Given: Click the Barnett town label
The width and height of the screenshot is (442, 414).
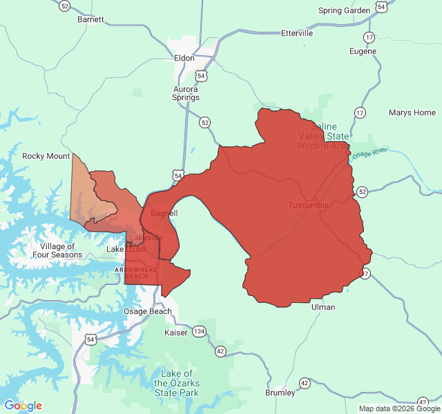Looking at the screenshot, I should [x=90, y=19].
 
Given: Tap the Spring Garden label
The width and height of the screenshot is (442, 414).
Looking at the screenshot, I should [x=345, y=10].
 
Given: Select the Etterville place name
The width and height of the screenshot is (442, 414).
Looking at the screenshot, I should [x=297, y=33].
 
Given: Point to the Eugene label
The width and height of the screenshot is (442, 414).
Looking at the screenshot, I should [x=363, y=52].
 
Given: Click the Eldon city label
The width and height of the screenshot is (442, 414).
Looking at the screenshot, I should [x=184, y=59].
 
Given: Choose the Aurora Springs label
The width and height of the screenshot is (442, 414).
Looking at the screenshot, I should [x=185, y=93].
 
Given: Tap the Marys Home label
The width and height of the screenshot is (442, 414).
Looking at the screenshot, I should [x=412, y=112].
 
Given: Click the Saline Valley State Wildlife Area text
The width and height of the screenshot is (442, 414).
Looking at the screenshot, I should [x=323, y=136].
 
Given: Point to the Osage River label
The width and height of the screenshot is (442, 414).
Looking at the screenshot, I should [x=370, y=153].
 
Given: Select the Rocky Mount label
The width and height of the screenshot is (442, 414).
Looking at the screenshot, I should [x=46, y=156].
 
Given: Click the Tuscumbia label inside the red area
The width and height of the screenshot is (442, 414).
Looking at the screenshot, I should [x=308, y=206].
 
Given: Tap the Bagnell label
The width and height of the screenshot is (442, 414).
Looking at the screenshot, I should [x=164, y=213].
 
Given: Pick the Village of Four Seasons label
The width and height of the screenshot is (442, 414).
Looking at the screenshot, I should [x=57, y=250].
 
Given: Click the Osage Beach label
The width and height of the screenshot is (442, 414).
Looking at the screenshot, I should [x=148, y=311].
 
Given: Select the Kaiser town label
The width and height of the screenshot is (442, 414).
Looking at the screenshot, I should [x=176, y=333].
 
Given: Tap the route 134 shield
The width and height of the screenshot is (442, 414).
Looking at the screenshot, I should [x=199, y=331].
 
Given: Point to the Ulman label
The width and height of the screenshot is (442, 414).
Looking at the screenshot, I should [x=323, y=307].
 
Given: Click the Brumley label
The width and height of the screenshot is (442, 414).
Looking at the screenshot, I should [x=280, y=393].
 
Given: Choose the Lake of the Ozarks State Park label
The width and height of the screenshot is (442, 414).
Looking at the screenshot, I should [x=177, y=383].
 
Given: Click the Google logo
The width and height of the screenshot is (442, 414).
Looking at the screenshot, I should [x=23, y=406].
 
